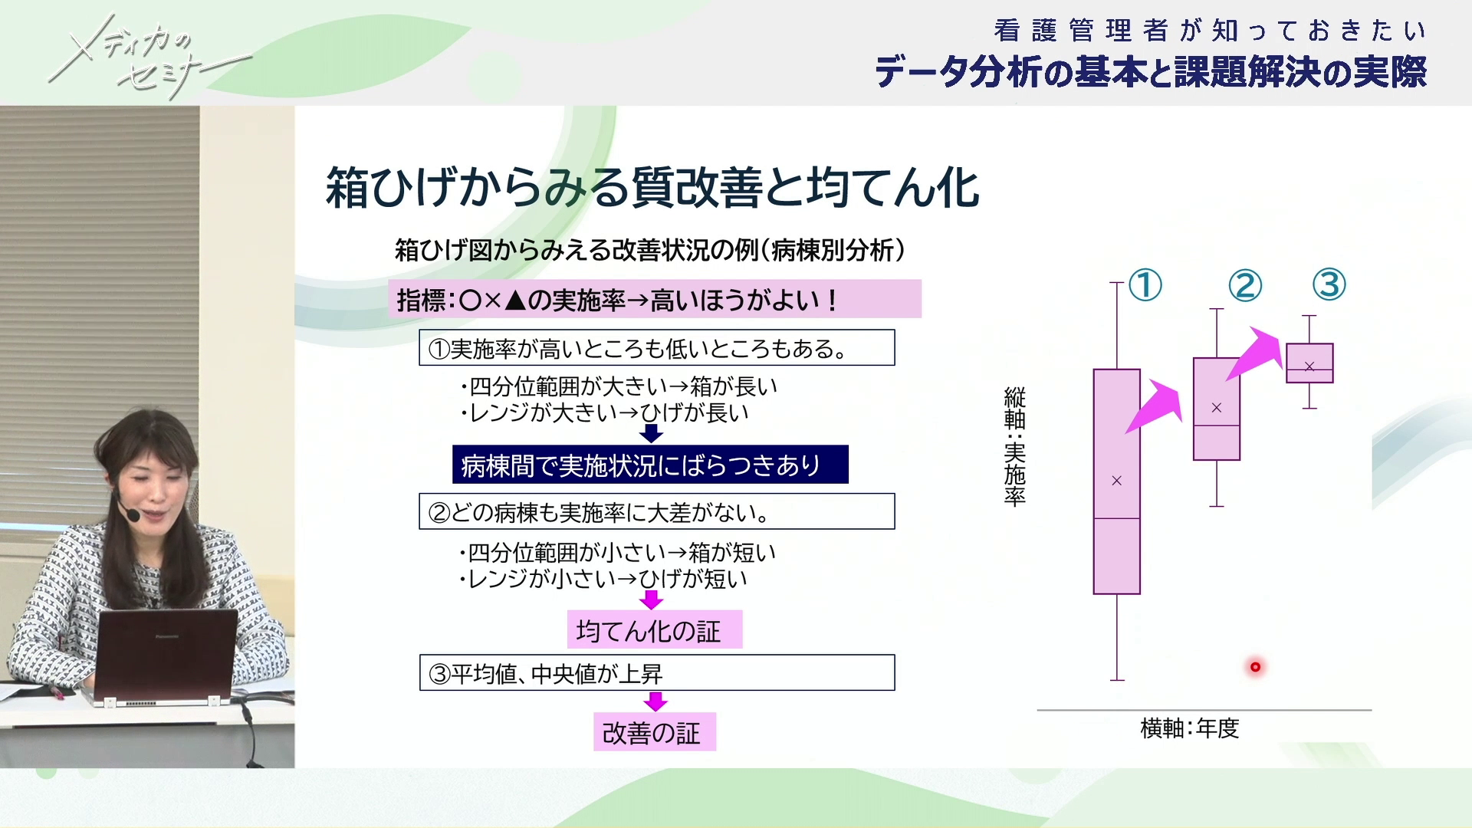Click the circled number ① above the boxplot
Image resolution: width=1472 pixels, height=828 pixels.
pos(1145,285)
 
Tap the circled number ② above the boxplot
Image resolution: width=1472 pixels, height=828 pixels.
pos(1245,285)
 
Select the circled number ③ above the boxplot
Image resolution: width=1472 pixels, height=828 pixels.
pos(1329,284)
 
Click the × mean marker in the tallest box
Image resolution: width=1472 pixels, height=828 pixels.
pos(1117,481)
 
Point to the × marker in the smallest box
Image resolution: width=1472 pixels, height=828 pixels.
pos(1309,366)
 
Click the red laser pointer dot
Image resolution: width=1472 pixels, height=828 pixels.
pos(1255,667)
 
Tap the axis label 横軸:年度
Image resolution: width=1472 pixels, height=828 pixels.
pos(1189,728)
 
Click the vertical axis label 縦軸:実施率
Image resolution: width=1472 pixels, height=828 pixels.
pos(1014,447)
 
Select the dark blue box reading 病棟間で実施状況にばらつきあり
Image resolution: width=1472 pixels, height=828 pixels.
pos(650,465)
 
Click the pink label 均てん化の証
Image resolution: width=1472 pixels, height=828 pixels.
pos(654,629)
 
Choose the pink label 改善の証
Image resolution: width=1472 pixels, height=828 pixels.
pos(654,732)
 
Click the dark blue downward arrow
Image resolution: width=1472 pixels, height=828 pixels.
pos(651,433)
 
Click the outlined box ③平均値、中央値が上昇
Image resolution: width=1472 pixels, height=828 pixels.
pos(657,672)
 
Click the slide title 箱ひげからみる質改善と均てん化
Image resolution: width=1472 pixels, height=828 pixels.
pos(652,188)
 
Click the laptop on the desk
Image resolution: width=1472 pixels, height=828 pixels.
pos(165,655)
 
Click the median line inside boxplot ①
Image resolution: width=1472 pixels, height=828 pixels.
pos(1117,519)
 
